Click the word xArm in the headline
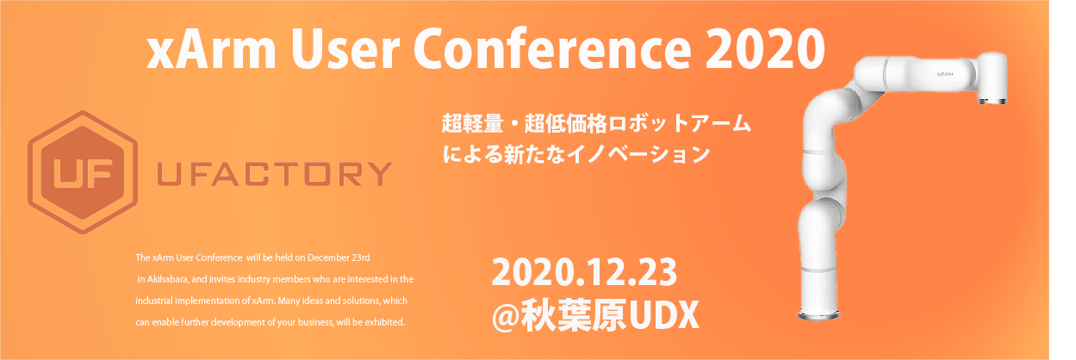[211, 49]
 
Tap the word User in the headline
[345, 49]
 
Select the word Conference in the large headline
[552, 49]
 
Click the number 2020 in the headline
[765, 48]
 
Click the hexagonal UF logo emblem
[83, 172]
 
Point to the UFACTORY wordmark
[275, 174]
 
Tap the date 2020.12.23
[584, 272]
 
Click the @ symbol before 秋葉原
[506, 314]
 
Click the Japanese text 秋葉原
[574, 315]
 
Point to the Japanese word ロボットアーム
[679, 124]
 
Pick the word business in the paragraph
[315, 323]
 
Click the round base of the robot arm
[819, 313]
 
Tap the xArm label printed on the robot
[945, 74]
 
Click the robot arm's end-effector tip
[992, 101]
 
